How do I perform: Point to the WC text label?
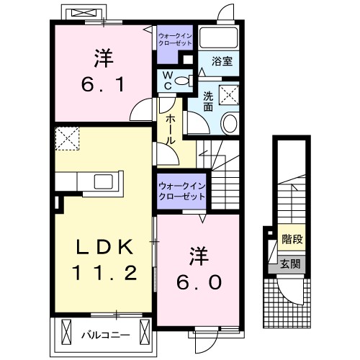[166, 81]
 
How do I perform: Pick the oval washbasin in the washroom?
[230, 123]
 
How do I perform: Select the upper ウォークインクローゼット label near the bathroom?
[175, 38]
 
